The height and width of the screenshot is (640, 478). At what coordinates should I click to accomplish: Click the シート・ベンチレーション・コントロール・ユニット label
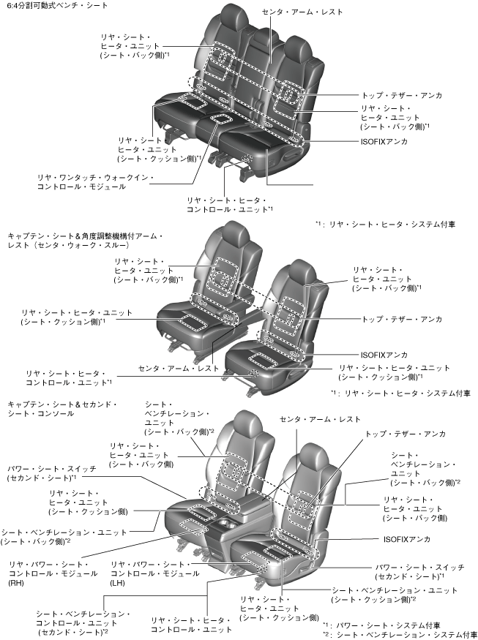pos(83,621)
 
